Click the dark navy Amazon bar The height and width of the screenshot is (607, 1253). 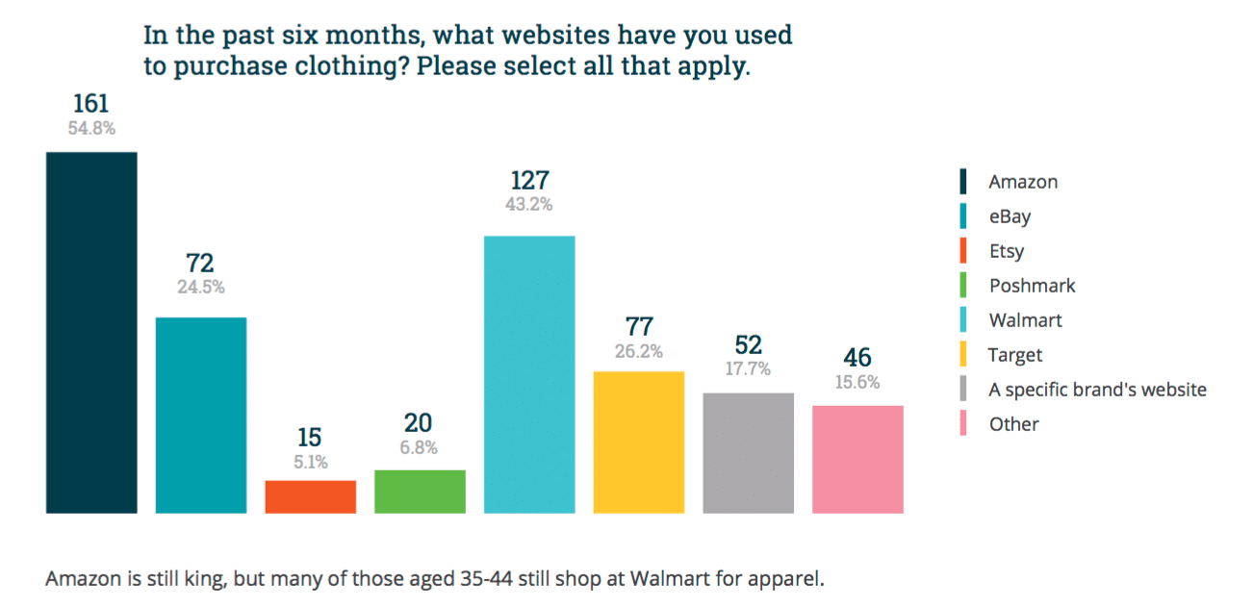pyautogui.click(x=91, y=332)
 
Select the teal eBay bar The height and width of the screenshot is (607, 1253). pyautogui.click(x=201, y=415)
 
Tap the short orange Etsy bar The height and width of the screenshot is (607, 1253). pyautogui.click(x=311, y=496)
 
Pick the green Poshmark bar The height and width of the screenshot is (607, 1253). pyautogui.click(x=420, y=492)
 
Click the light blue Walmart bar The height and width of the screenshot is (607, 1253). pyautogui.click(x=529, y=374)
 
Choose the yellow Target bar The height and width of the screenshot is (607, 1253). pyautogui.click(x=639, y=442)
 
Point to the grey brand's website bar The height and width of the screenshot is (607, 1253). pyautogui.click(x=749, y=453)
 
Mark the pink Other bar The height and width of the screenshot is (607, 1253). pyautogui.click(x=857, y=459)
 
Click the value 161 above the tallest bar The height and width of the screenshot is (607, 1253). pyautogui.click(x=91, y=104)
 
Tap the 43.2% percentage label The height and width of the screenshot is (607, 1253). pyautogui.click(x=529, y=204)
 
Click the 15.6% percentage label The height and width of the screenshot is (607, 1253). pyautogui.click(x=857, y=382)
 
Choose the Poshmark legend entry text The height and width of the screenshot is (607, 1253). pyautogui.click(x=1032, y=286)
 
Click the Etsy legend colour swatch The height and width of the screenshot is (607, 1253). pyautogui.click(x=963, y=251)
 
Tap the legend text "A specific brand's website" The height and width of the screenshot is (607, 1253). pyautogui.click(x=1097, y=390)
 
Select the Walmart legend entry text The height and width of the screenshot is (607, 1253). pyautogui.click(x=1025, y=320)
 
